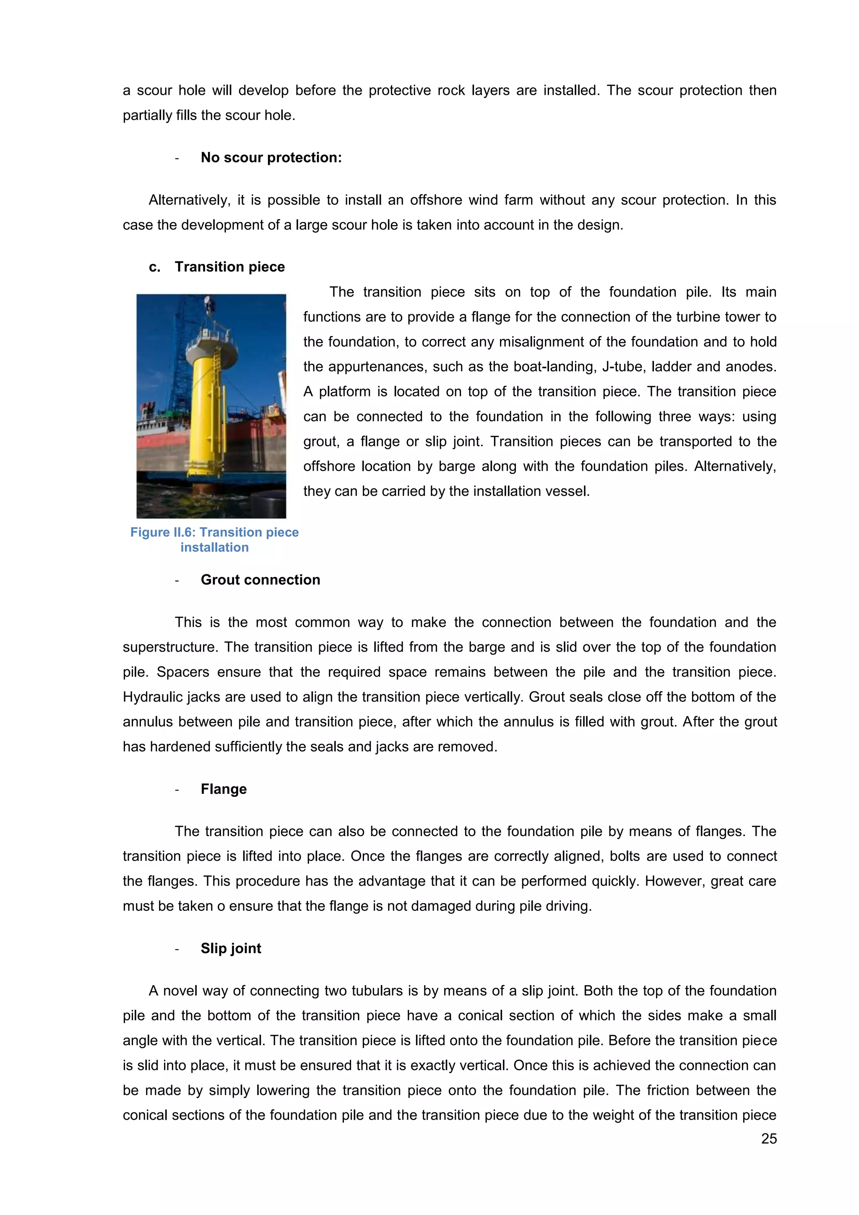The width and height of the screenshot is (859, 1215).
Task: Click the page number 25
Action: [x=768, y=1139]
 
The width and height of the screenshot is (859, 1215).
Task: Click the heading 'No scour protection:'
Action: [x=271, y=158]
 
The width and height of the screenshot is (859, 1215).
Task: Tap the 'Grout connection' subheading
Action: [x=260, y=580]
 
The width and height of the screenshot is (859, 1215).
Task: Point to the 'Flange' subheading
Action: [x=223, y=789]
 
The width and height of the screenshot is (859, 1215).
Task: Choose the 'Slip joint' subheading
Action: [x=231, y=948]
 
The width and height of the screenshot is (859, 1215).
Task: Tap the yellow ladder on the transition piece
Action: [x=216, y=365]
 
